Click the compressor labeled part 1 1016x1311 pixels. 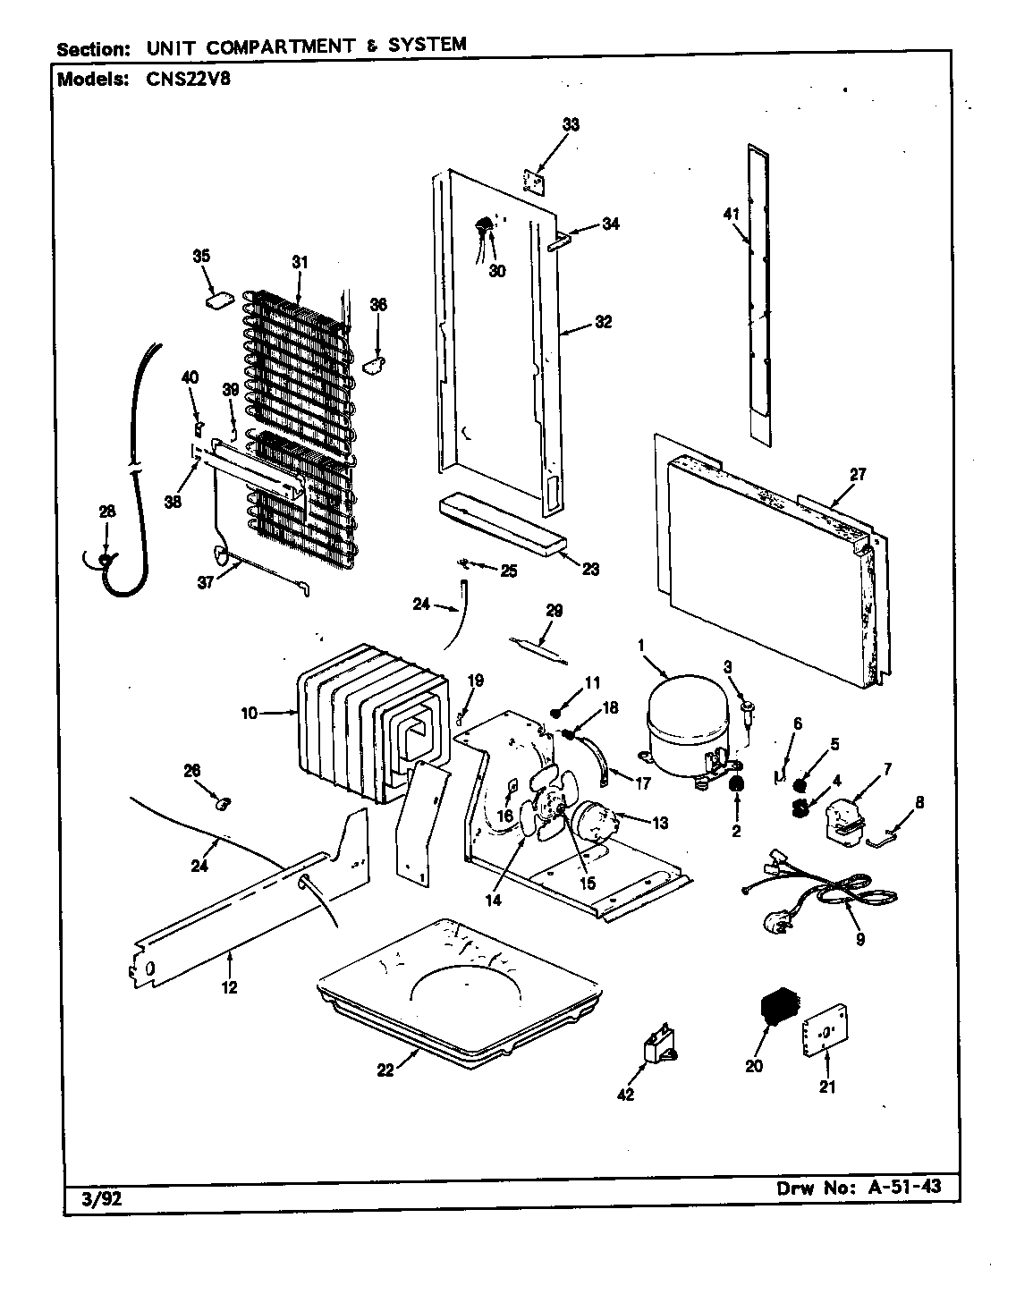tap(684, 720)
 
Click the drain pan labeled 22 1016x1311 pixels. tap(456, 993)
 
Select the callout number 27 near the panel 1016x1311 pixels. tap(857, 475)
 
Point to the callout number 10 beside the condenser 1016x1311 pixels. tap(248, 713)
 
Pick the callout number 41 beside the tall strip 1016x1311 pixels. tap(732, 214)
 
